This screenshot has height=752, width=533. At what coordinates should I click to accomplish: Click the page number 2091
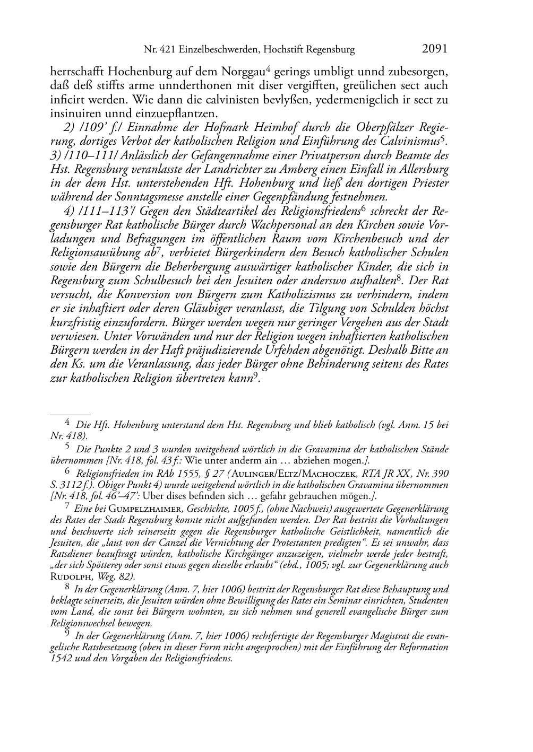pos(435,49)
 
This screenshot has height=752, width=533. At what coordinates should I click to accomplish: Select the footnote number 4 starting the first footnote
pos(67,423)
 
